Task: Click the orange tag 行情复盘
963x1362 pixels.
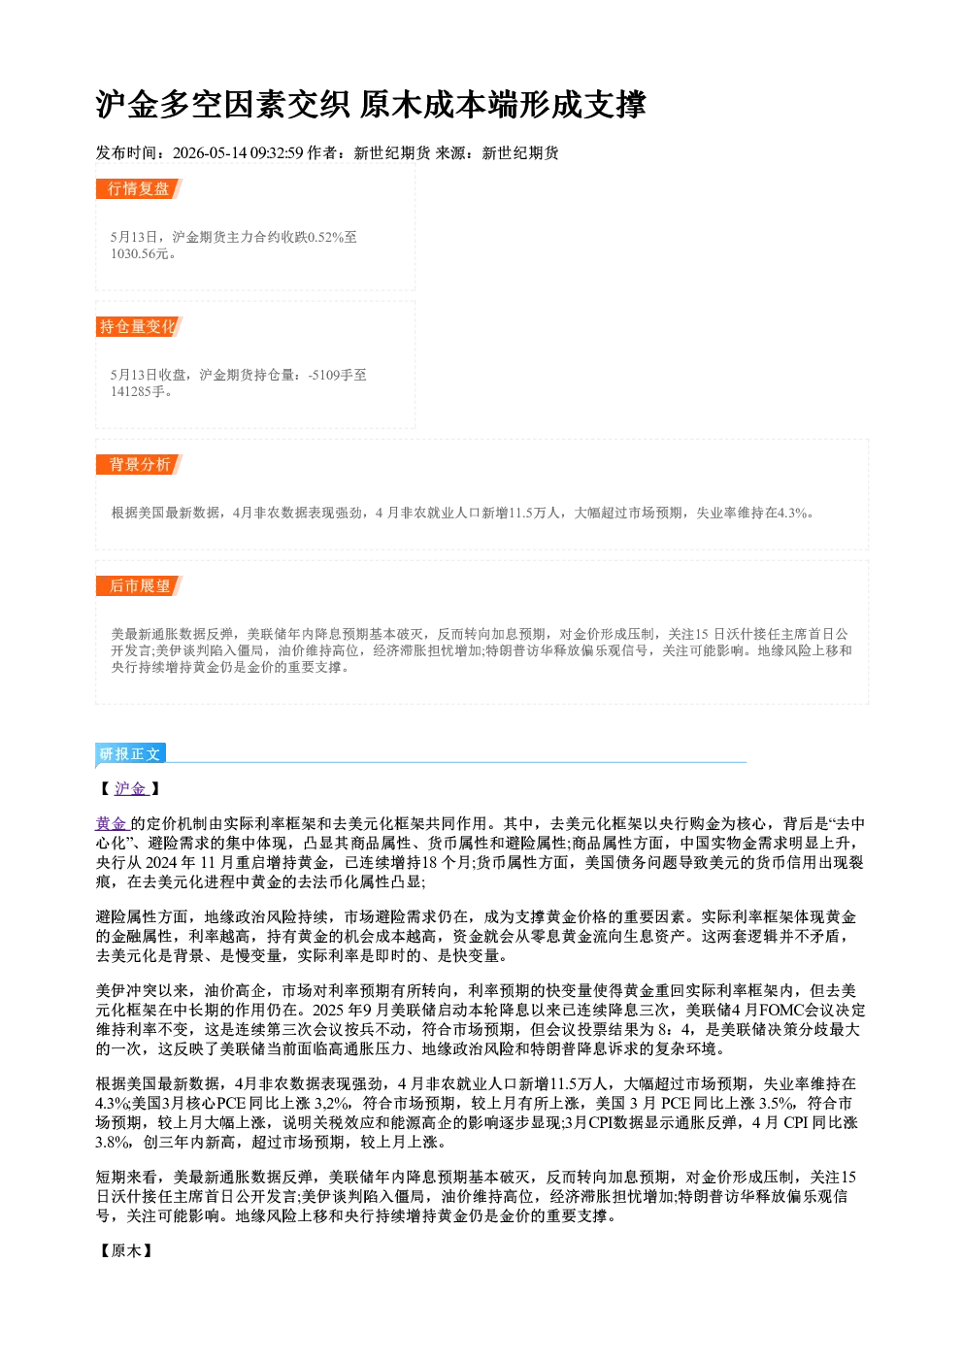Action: [x=139, y=188]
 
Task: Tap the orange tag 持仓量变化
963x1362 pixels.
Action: [x=139, y=326]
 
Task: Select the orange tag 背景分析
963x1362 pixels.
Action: [x=139, y=465]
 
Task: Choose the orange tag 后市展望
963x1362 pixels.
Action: [x=139, y=585]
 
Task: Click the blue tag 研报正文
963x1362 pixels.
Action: [x=130, y=753]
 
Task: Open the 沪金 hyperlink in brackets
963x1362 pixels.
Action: [x=131, y=788]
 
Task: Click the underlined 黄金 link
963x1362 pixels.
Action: [x=112, y=823]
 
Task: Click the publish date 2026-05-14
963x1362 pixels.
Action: [x=210, y=152]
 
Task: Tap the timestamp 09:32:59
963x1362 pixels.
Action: [x=277, y=152]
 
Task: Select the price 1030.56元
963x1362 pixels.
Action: [x=139, y=253]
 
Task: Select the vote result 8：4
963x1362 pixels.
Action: [x=675, y=1029]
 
